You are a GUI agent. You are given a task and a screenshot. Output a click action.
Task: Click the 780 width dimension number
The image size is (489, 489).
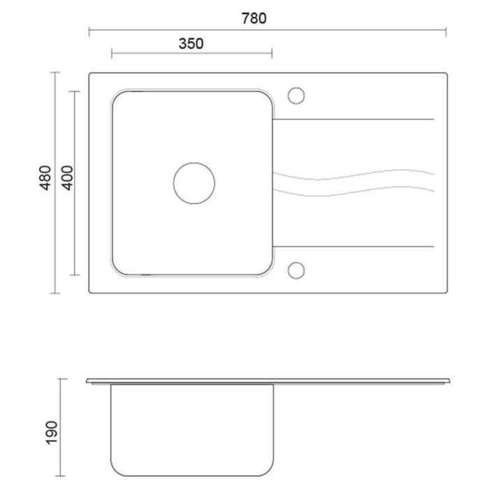tap(254, 18)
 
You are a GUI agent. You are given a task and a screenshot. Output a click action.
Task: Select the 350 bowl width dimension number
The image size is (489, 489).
tap(191, 43)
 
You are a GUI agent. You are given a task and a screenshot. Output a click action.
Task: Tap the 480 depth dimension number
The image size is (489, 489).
tap(45, 177)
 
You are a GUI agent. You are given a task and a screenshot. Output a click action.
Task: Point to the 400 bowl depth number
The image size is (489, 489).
tap(67, 177)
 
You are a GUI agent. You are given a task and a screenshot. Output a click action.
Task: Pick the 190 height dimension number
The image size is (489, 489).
tap(52, 432)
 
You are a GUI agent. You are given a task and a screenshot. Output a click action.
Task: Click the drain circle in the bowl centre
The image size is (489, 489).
tap(173, 183)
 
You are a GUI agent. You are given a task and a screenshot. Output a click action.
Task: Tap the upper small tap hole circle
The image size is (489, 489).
tap(288, 96)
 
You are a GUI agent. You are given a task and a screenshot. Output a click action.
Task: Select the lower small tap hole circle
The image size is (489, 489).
tap(288, 270)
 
